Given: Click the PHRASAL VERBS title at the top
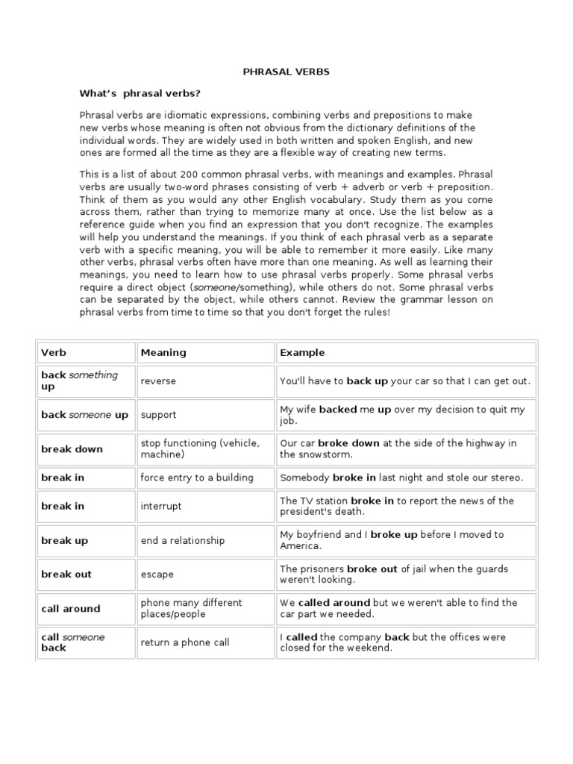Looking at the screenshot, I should [286, 72].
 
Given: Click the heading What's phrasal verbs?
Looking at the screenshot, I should [140, 93].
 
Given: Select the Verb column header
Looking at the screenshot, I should [54, 352].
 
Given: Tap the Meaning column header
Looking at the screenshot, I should [163, 352].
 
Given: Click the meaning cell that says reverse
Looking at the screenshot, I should [158, 381].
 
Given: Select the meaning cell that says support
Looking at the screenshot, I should [158, 415].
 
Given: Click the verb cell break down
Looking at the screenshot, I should [72, 449].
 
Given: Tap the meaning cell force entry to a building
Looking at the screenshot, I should [197, 477].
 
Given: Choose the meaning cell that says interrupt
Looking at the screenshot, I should [161, 506].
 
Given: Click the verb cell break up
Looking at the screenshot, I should [64, 540].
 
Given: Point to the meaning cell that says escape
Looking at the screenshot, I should [157, 574].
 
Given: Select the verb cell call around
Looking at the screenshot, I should [70, 609].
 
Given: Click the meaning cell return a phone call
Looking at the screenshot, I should [185, 642].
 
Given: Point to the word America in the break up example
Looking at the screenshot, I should [302, 545].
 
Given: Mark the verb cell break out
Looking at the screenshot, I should [66, 574].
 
